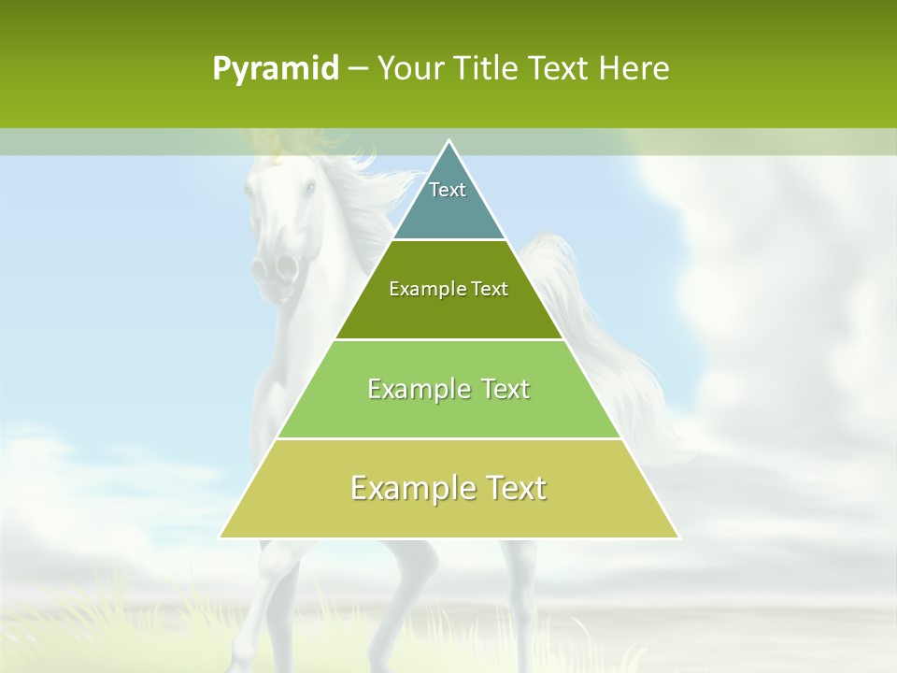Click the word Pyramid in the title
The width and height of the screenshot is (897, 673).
[x=275, y=69]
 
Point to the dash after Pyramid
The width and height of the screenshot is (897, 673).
[x=358, y=69]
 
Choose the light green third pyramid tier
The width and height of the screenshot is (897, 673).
[x=448, y=411]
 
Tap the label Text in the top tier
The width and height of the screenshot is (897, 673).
[x=448, y=190]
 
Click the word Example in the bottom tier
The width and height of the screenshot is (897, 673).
[x=410, y=488]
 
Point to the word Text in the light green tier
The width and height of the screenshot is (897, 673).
[x=505, y=389]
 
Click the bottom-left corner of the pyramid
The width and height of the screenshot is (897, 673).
[x=221, y=537]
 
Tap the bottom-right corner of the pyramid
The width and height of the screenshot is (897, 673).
[x=678, y=537]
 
